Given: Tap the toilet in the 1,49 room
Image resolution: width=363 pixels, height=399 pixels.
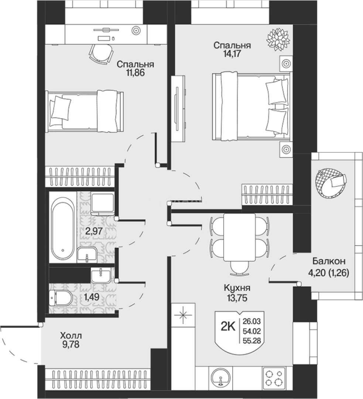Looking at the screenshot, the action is [x=61, y=298].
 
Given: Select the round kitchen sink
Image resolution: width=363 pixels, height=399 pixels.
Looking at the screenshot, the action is [x=220, y=379].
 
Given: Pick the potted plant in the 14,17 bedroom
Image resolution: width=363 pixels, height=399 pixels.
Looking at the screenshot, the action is [x=278, y=40].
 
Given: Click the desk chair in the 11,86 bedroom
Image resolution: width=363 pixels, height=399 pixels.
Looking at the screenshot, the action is [x=101, y=54].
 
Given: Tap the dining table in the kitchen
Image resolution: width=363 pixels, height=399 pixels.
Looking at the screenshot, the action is [x=239, y=237].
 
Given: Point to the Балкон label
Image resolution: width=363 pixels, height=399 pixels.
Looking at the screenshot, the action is [x=329, y=261].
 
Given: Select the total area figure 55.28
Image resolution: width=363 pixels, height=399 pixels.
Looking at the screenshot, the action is [x=252, y=341].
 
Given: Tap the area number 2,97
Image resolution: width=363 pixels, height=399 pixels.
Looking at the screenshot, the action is [x=94, y=231].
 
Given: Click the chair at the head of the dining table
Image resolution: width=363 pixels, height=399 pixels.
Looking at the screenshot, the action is [x=239, y=268].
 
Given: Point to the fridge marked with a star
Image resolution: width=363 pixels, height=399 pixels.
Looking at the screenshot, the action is [x=183, y=315].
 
